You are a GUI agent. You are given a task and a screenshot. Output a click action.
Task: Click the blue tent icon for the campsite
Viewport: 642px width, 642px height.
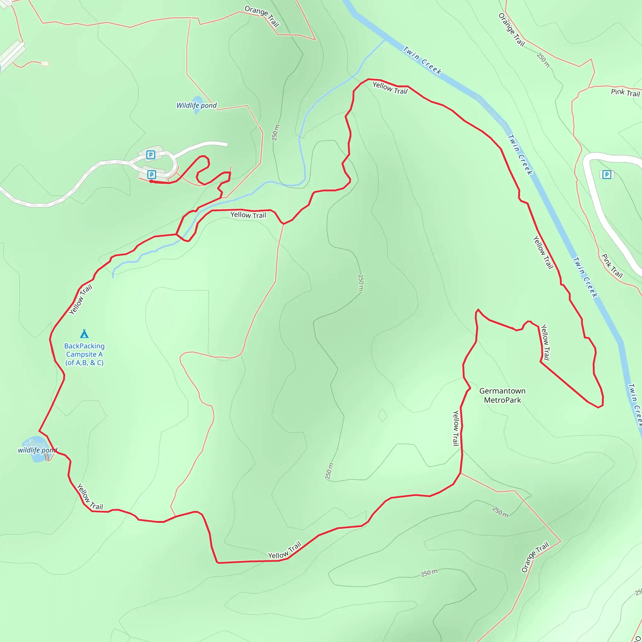(84, 334)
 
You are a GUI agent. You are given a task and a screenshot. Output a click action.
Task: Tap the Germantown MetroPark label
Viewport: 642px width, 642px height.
(502, 395)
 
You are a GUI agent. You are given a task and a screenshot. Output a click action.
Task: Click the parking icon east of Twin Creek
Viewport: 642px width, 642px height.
(607, 175)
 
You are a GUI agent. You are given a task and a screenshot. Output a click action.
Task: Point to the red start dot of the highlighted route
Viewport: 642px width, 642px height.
(151, 182)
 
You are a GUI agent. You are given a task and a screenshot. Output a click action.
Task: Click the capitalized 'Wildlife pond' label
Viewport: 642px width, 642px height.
(196, 106)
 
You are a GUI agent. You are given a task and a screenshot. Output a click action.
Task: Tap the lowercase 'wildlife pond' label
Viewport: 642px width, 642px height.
(37, 450)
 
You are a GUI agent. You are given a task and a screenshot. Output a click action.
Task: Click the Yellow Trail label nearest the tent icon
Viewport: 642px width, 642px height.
(81, 299)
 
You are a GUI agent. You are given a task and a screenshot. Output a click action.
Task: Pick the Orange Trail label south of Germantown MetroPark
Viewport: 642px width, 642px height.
(535, 557)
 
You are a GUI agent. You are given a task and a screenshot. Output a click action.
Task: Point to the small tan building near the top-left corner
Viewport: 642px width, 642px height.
(45, 63)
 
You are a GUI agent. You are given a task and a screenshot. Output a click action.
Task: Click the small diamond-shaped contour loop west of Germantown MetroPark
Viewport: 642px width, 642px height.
(382, 415)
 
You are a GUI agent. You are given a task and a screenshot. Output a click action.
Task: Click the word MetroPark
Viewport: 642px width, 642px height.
(502, 400)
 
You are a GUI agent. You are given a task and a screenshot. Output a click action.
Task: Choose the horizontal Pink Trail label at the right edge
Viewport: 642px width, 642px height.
(625, 92)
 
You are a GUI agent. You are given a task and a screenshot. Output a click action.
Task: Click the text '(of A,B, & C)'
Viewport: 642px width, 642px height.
(84, 363)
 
